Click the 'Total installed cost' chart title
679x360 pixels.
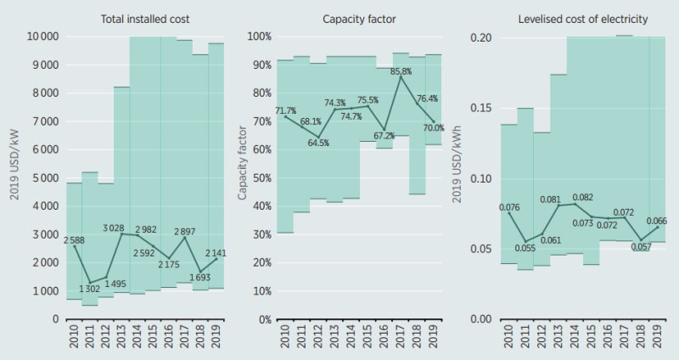(145, 19)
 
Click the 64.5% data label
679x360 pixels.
(319, 143)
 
